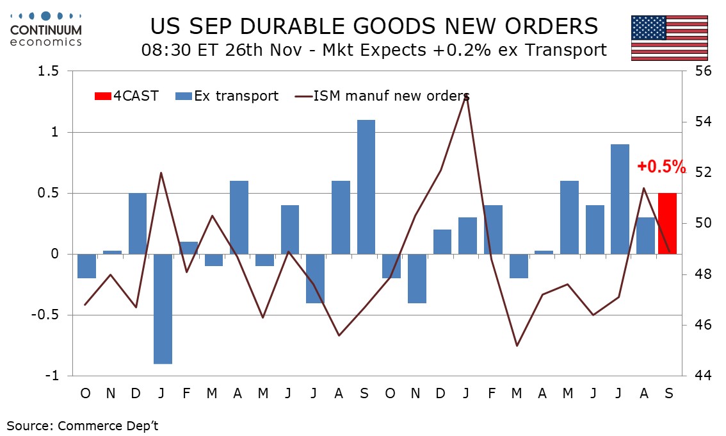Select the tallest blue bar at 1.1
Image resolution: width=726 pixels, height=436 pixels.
point(366,187)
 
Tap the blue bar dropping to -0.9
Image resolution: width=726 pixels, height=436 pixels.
point(163,308)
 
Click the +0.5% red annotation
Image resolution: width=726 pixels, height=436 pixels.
point(661,167)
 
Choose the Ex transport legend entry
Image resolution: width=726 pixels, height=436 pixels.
point(227,96)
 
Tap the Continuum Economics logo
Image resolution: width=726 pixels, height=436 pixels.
point(46,28)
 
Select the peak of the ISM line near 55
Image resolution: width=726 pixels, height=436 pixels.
point(466,95)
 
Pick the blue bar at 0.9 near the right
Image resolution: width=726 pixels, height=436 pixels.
point(620,199)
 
